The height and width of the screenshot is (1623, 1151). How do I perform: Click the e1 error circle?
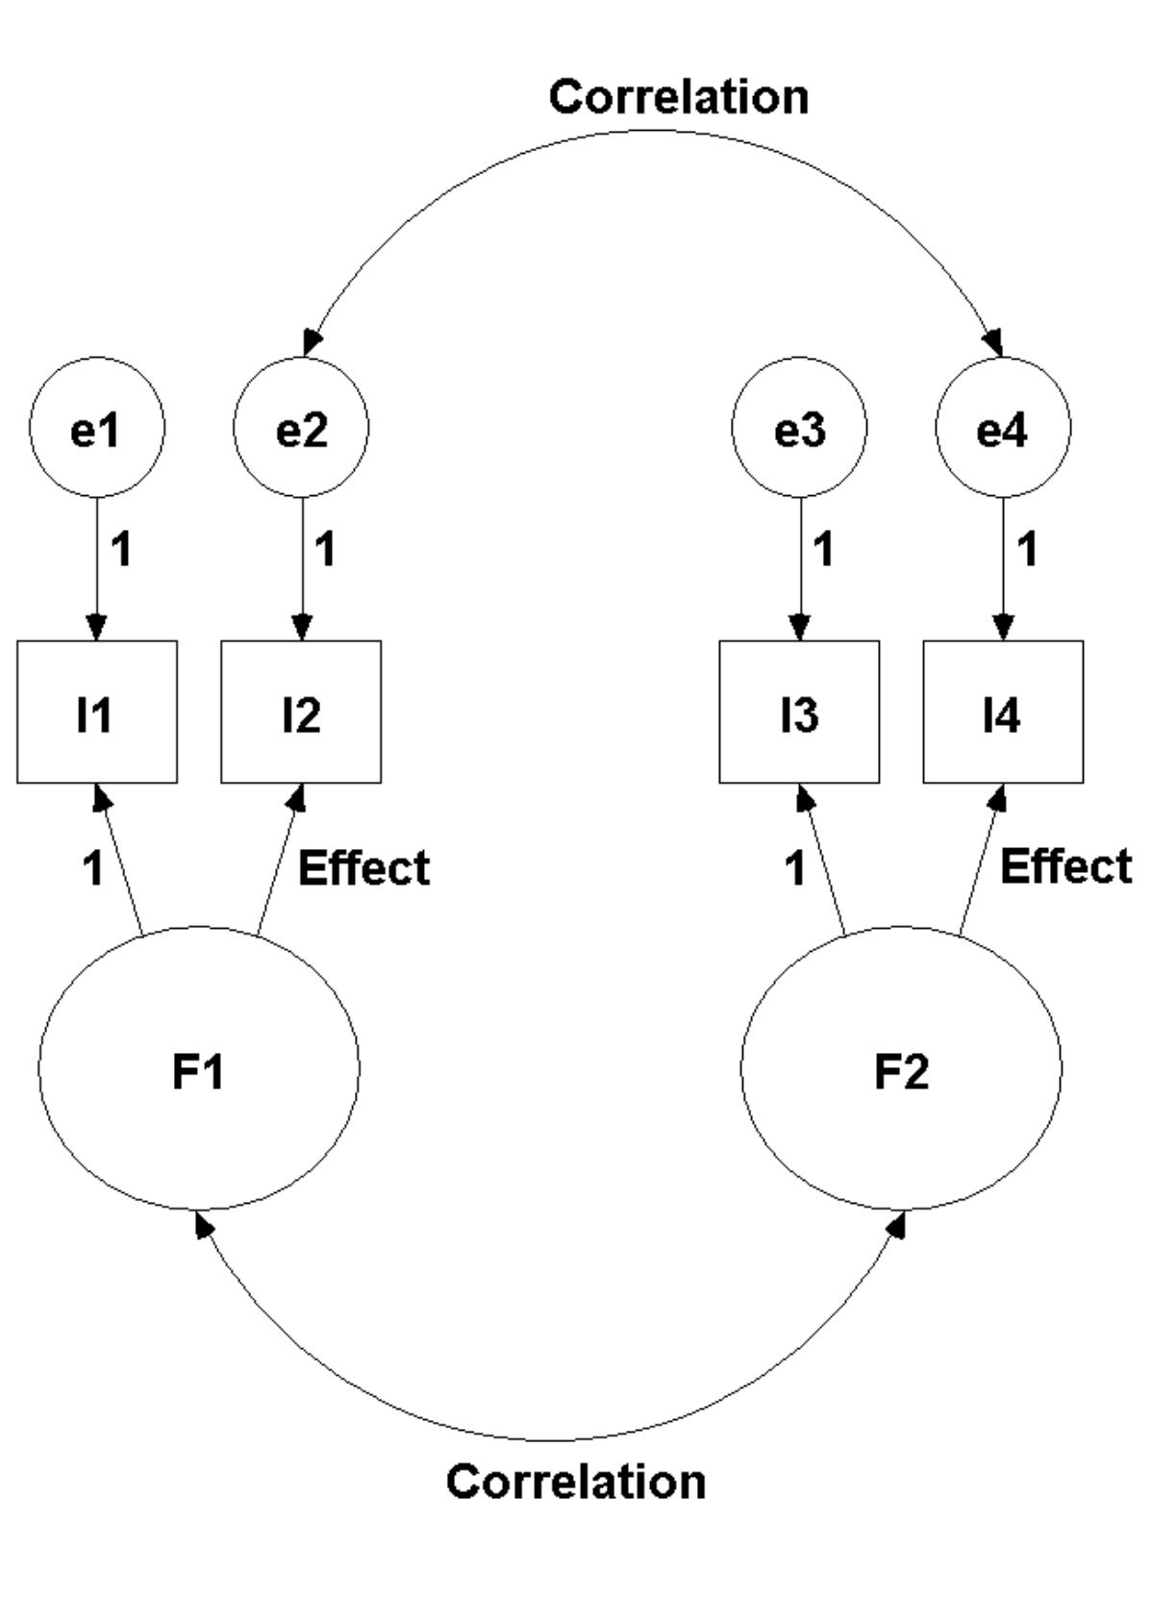(x=97, y=428)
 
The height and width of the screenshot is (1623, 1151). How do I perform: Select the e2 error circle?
(x=302, y=428)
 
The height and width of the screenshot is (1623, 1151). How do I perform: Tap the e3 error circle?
(x=800, y=428)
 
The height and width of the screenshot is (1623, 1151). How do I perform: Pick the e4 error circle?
(x=1003, y=428)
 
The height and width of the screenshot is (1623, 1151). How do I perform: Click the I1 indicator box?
(x=97, y=712)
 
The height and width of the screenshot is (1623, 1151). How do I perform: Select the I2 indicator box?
(x=302, y=712)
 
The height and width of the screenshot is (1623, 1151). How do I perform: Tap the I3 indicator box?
(x=800, y=712)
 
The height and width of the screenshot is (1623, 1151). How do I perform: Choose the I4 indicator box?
(x=1003, y=712)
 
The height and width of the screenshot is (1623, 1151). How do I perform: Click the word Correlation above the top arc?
(x=679, y=97)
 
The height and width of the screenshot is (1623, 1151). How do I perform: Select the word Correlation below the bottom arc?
(x=576, y=1482)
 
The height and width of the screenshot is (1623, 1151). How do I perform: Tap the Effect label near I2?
(x=363, y=868)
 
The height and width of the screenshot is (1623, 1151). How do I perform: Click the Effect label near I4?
(x=1066, y=866)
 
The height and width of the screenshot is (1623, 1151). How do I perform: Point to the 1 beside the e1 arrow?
(x=121, y=550)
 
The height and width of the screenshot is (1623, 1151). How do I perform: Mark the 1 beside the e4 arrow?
(x=1028, y=550)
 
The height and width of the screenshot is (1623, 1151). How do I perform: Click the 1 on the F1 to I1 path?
(x=92, y=869)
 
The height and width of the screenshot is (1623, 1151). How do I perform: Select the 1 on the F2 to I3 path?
(x=795, y=869)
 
